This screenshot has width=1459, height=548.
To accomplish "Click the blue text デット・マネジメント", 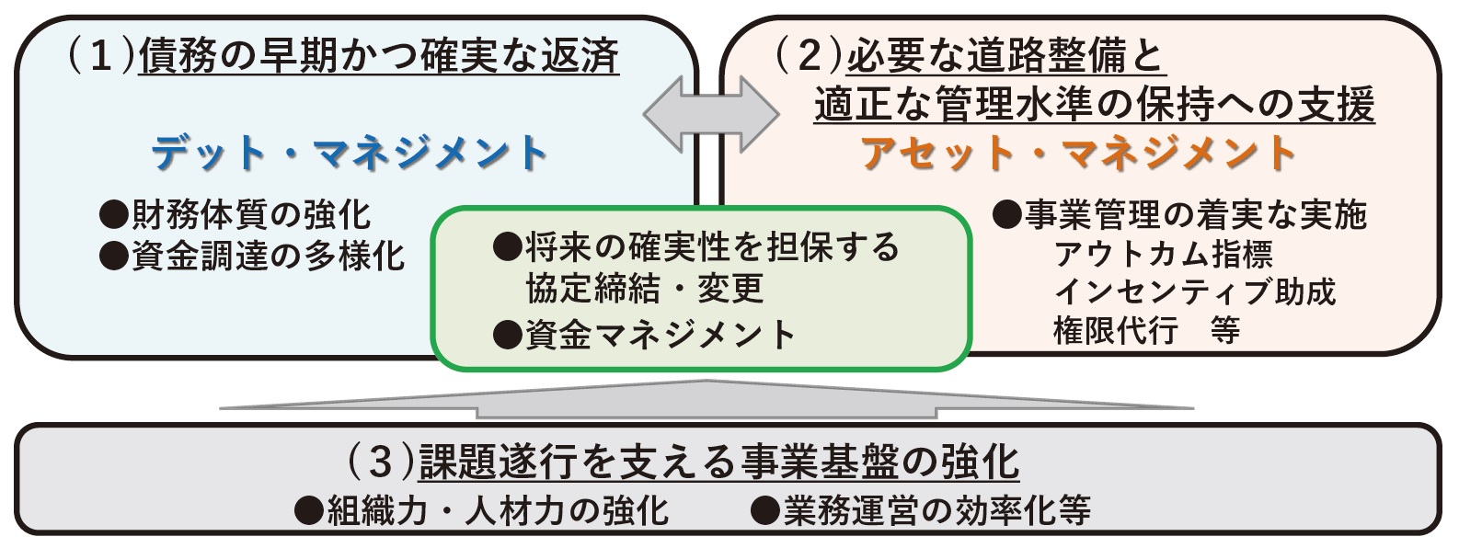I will (x=350, y=154).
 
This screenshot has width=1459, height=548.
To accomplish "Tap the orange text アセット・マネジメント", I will (x=1078, y=154).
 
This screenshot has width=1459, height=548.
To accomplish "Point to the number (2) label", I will (x=808, y=57).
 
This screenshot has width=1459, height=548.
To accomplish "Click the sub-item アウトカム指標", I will (x=1163, y=254).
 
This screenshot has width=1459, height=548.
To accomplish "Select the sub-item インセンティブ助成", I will (x=1194, y=291).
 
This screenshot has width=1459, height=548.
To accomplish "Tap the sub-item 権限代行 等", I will (x=1146, y=330).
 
